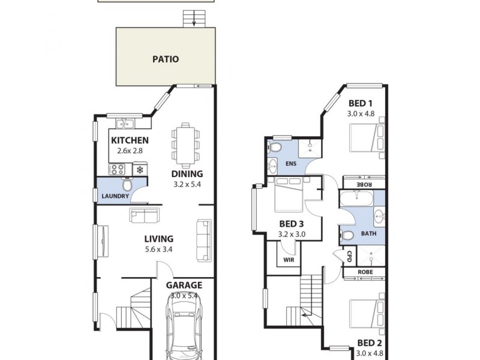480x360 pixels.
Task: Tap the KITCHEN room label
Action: pos(130,141)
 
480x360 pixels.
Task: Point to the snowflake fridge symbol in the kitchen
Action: pos(140,170)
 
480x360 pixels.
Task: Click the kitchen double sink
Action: pos(125,124)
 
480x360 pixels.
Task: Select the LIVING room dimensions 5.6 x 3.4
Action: pos(159,250)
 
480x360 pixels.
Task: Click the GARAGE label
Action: pos(185,286)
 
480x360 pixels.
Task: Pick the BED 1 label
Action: pos(361,103)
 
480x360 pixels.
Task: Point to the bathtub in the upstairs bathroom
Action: pos(356,198)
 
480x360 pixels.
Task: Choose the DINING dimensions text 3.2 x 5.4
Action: pos(186,184)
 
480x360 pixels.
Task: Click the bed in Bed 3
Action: pos(292,196)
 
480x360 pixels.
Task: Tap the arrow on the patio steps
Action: pos(194,23)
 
